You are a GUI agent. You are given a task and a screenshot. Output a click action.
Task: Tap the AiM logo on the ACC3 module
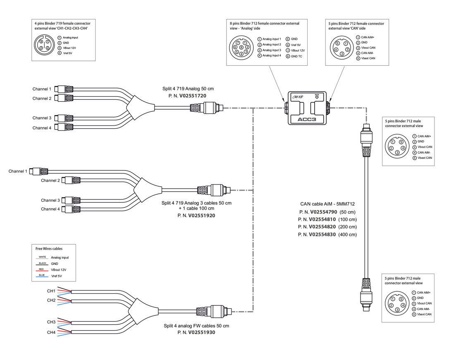point(298,97)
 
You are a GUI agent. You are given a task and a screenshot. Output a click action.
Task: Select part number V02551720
point(193,96)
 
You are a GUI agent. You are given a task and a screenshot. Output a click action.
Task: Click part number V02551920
point(202,216)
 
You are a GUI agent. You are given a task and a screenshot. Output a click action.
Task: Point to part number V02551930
point(202,332)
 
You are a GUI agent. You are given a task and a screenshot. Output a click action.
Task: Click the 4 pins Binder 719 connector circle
point(44,45)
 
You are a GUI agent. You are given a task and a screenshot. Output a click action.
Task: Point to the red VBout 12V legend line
point(43,270)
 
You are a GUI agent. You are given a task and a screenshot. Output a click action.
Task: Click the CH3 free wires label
point(51,322)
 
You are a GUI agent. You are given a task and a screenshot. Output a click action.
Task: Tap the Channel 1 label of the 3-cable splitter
point(18,171)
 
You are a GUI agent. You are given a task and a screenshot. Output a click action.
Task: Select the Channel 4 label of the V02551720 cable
point(42,128)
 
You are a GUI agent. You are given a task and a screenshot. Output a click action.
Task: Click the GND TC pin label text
point(296,56)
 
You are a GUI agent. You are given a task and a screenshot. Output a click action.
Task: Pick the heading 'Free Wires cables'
point(49,249)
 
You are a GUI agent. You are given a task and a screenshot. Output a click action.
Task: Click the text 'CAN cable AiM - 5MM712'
point(327,204)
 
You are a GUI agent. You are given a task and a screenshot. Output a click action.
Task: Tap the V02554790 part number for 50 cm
point(322,211)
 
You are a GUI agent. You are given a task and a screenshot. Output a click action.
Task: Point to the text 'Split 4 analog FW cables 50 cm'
point(196,326)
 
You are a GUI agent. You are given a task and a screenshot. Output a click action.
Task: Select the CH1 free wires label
point(51,291)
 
